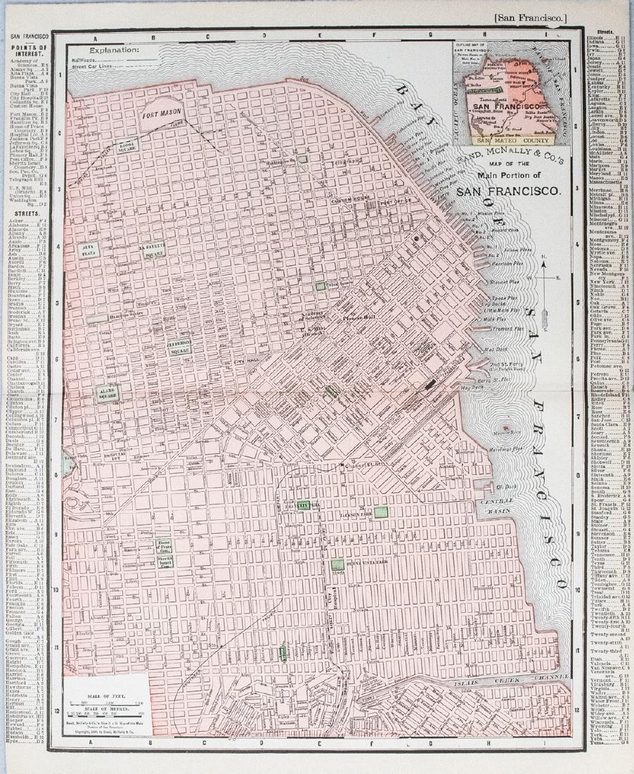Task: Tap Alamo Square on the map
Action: tap(107, 394)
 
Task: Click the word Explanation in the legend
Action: tap(114, 50)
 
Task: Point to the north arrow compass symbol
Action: tap(545, 277)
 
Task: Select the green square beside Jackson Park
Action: tap(381, 512)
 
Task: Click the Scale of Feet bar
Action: tap(105, 703)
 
